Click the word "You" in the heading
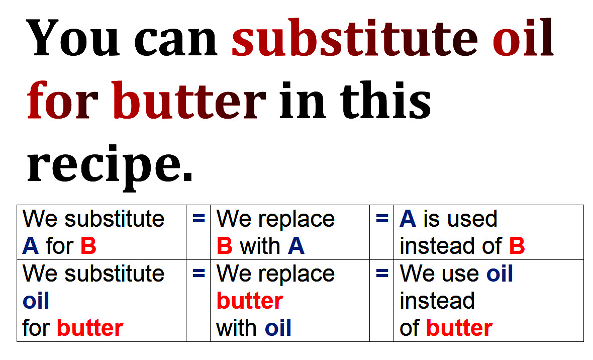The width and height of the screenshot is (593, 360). point(73,38)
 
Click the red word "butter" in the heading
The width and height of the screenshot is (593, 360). point(189,100)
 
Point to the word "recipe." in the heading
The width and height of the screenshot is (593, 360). point(110,166)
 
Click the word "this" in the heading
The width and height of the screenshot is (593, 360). point(385,100)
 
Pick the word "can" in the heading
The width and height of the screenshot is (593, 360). point(176,42)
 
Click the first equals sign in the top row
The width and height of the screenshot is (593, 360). point(199,218)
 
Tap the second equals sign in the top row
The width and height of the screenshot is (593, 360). point(382,218)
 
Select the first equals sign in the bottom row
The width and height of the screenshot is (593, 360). point(199,273)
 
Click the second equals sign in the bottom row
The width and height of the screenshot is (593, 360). point(382,273)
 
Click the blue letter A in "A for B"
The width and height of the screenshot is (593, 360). point(30,246)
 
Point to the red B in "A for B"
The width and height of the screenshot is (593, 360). point(88,246)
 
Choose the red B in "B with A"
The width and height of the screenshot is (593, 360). point(224,246)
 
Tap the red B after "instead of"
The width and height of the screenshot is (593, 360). point(517,246)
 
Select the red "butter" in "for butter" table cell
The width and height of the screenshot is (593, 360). point(90,328)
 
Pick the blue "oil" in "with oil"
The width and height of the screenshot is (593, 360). point(278,328)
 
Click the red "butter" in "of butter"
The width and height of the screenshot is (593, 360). point(459,328)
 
